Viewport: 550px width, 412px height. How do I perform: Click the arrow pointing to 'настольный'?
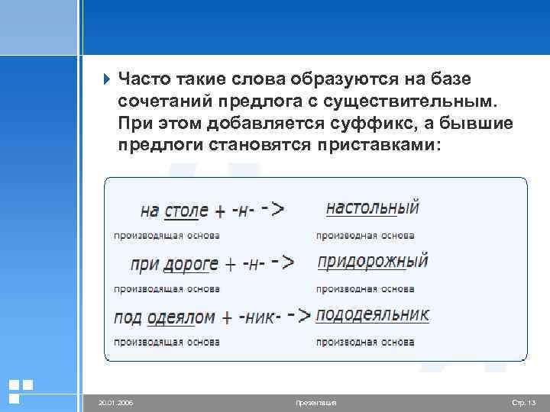(273, 209)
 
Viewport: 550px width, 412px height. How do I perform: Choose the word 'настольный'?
(372, 208)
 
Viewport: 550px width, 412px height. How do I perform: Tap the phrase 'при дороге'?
(174, 264)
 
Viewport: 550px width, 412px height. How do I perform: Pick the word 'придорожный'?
(372, 262)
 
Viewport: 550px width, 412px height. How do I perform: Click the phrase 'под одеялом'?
(164, 317)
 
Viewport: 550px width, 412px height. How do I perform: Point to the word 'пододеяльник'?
(372, 315)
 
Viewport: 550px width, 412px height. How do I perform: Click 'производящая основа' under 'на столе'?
(167, 235)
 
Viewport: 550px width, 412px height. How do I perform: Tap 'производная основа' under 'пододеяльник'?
(365, 343)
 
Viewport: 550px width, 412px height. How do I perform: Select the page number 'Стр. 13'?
(523, 402)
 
